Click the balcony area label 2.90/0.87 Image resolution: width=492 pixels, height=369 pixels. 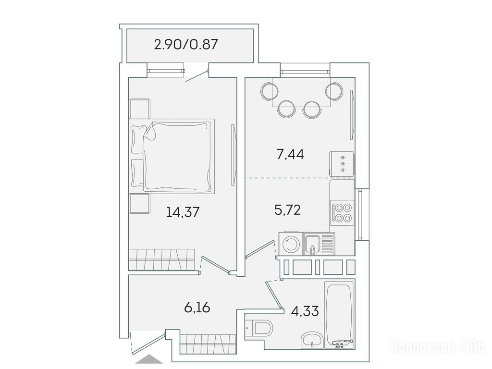point(186,44)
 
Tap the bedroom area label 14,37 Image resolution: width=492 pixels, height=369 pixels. point(183,212)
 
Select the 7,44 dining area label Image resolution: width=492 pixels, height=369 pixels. point(291,154)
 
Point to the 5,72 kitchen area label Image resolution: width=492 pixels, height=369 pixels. point(288,209)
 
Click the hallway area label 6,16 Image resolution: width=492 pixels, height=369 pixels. point(197,308)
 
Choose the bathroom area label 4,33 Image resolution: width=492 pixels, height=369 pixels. point(305,311)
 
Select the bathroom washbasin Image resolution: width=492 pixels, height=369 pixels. point(311,341)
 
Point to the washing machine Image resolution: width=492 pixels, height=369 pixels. point(291,244)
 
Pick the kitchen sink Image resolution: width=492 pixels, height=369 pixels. point(319,244)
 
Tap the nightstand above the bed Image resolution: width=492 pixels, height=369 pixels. point(140,109)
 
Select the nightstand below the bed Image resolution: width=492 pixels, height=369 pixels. point(139,204)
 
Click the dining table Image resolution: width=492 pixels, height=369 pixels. point(301,92)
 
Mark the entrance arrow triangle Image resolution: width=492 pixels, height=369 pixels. point(147,359)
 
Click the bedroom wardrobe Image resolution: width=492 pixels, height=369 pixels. point(162,259)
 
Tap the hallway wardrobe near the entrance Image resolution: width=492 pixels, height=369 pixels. point(208,344)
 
